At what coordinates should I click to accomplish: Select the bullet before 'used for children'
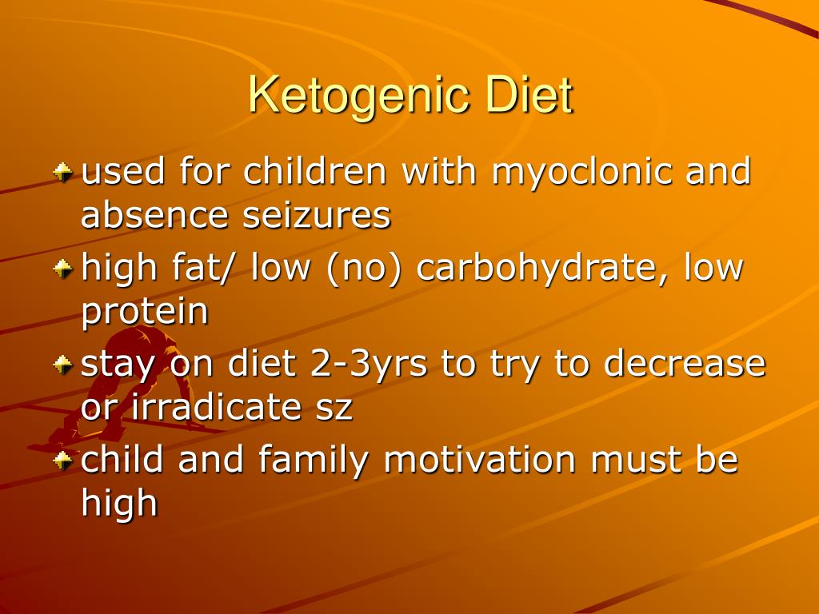click(x=62, y=172)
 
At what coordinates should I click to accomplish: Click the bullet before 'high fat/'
click(x=62, y=269)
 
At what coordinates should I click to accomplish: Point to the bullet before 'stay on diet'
click(x=62, y=365)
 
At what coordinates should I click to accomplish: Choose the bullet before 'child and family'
click(x=62, y=460)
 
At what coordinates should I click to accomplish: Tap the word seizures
click(x=317, y=214)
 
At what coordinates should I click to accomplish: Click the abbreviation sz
click(x=334, y=409)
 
